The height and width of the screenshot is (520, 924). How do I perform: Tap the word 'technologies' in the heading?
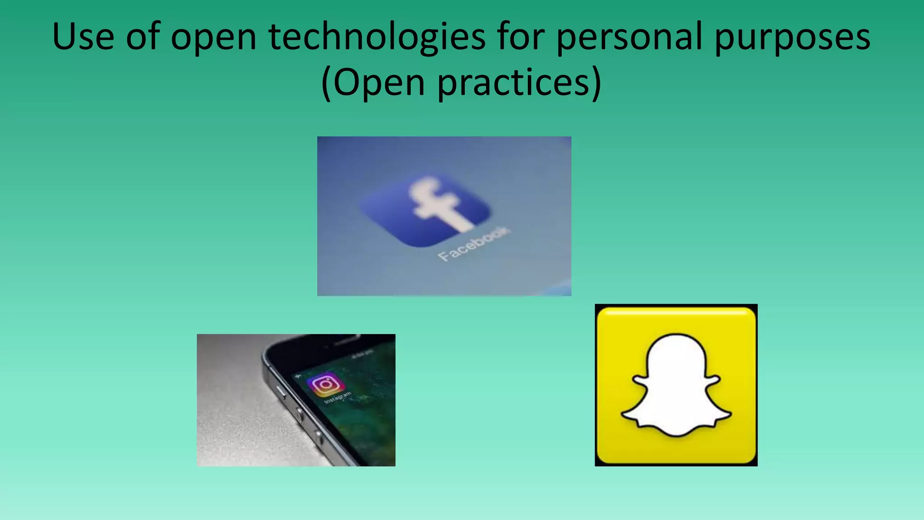click(377, 37)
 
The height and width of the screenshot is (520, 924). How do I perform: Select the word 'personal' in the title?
click(628, 37)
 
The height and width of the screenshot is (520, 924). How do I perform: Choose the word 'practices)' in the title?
click(519, 83)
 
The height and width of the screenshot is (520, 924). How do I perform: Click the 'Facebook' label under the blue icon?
click(474, 244)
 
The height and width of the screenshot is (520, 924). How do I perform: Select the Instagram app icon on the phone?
click(326, 384)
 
